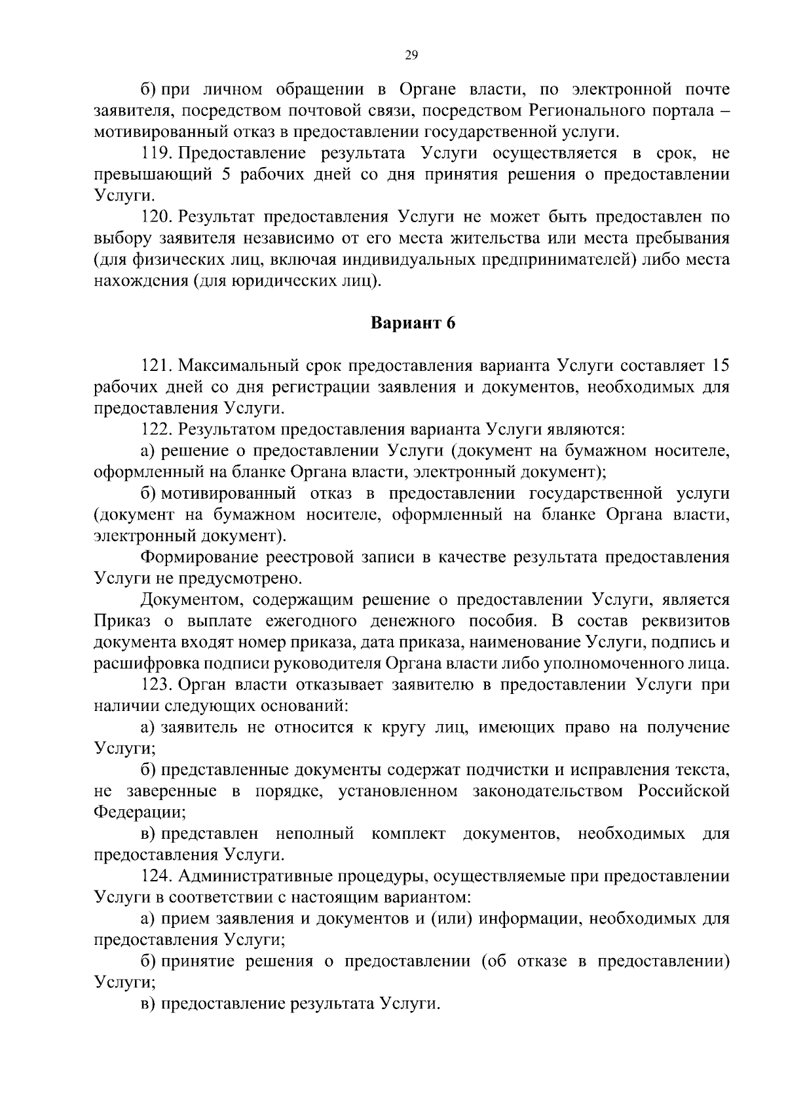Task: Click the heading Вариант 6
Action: point(413,323)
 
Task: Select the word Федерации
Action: point(138,813)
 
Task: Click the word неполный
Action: point(315,834)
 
